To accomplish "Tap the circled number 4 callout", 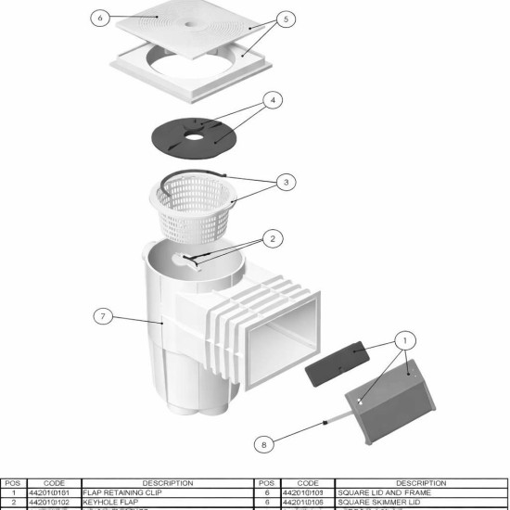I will point(272,99).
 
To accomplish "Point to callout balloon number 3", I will point(287,183).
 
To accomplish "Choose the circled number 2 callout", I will point(271,238).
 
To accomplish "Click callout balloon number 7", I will point(104,316).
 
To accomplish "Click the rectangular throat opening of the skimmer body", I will point(287,328).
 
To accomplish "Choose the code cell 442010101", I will point(54,492).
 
